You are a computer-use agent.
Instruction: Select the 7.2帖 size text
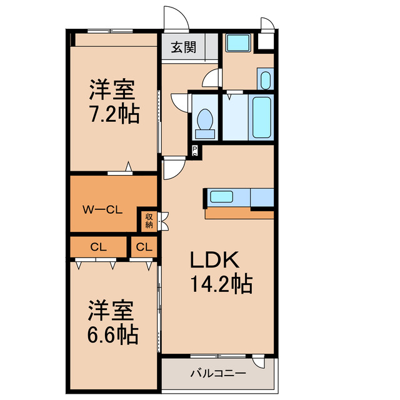pyautogui.click(x=113, y=114)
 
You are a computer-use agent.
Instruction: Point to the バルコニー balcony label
pyautogui.click(x=217, y=373)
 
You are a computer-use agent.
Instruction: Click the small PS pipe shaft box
pyautogui.click(x=195, y=150)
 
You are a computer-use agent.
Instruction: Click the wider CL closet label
pyautogui.click(x=99, y=247)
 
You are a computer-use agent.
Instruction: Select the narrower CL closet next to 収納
pyautogui.click(x=144, y=247)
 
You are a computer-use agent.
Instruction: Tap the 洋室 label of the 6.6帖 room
pyautogui.click(x=112, y=310)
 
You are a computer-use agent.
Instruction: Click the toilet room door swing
pyautogui.click(x=179, y=102)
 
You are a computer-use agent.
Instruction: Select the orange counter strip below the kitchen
pyautogui.click(x=239, y=214)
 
